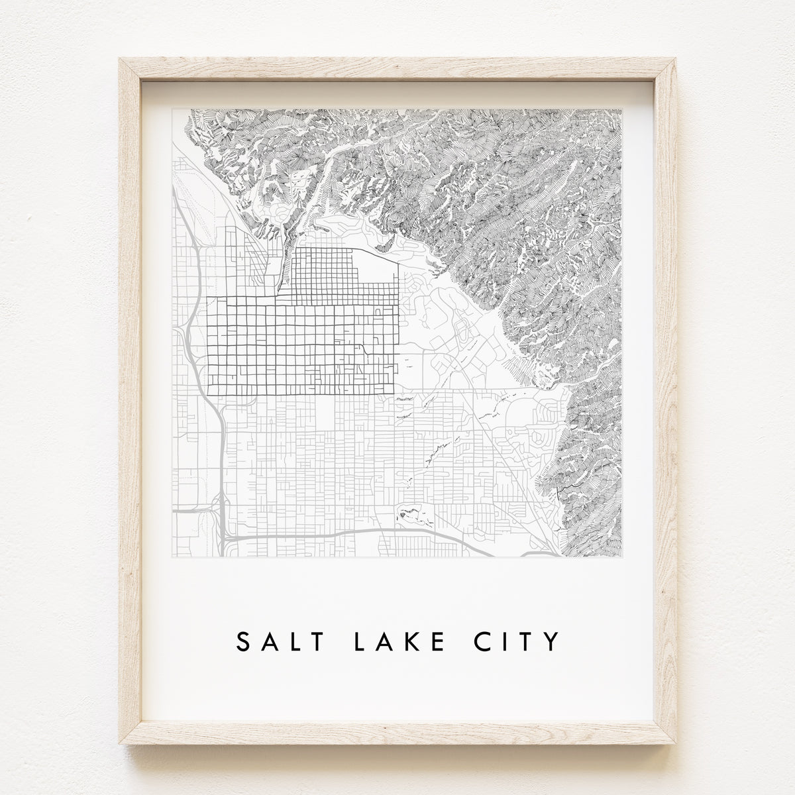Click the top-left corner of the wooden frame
click(120, 59)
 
